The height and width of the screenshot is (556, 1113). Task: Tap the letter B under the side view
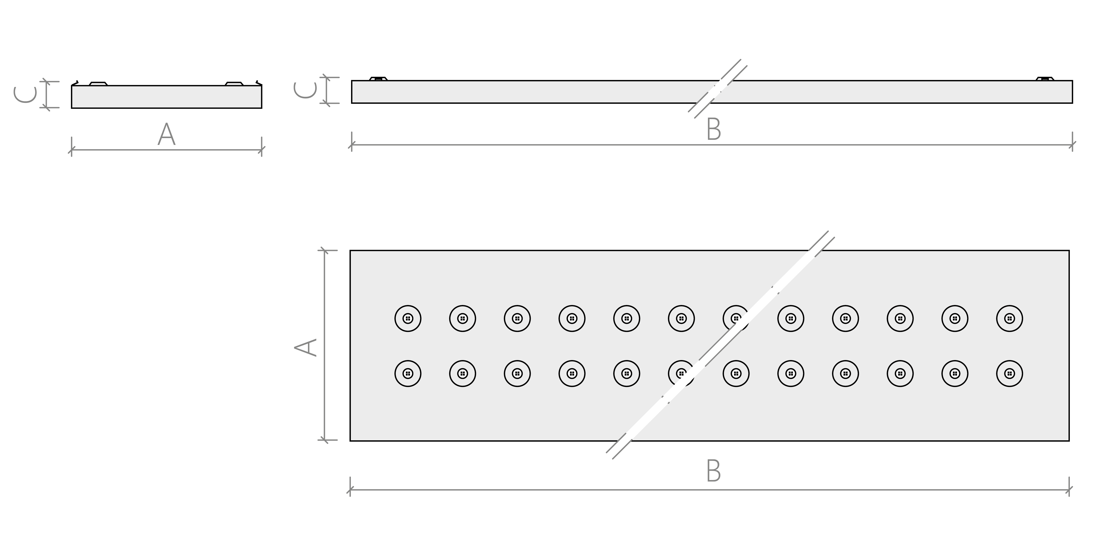pos(714,130)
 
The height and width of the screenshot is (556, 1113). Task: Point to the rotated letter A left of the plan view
pos(306,347)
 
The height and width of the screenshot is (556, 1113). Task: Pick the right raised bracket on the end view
pos(234,83)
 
